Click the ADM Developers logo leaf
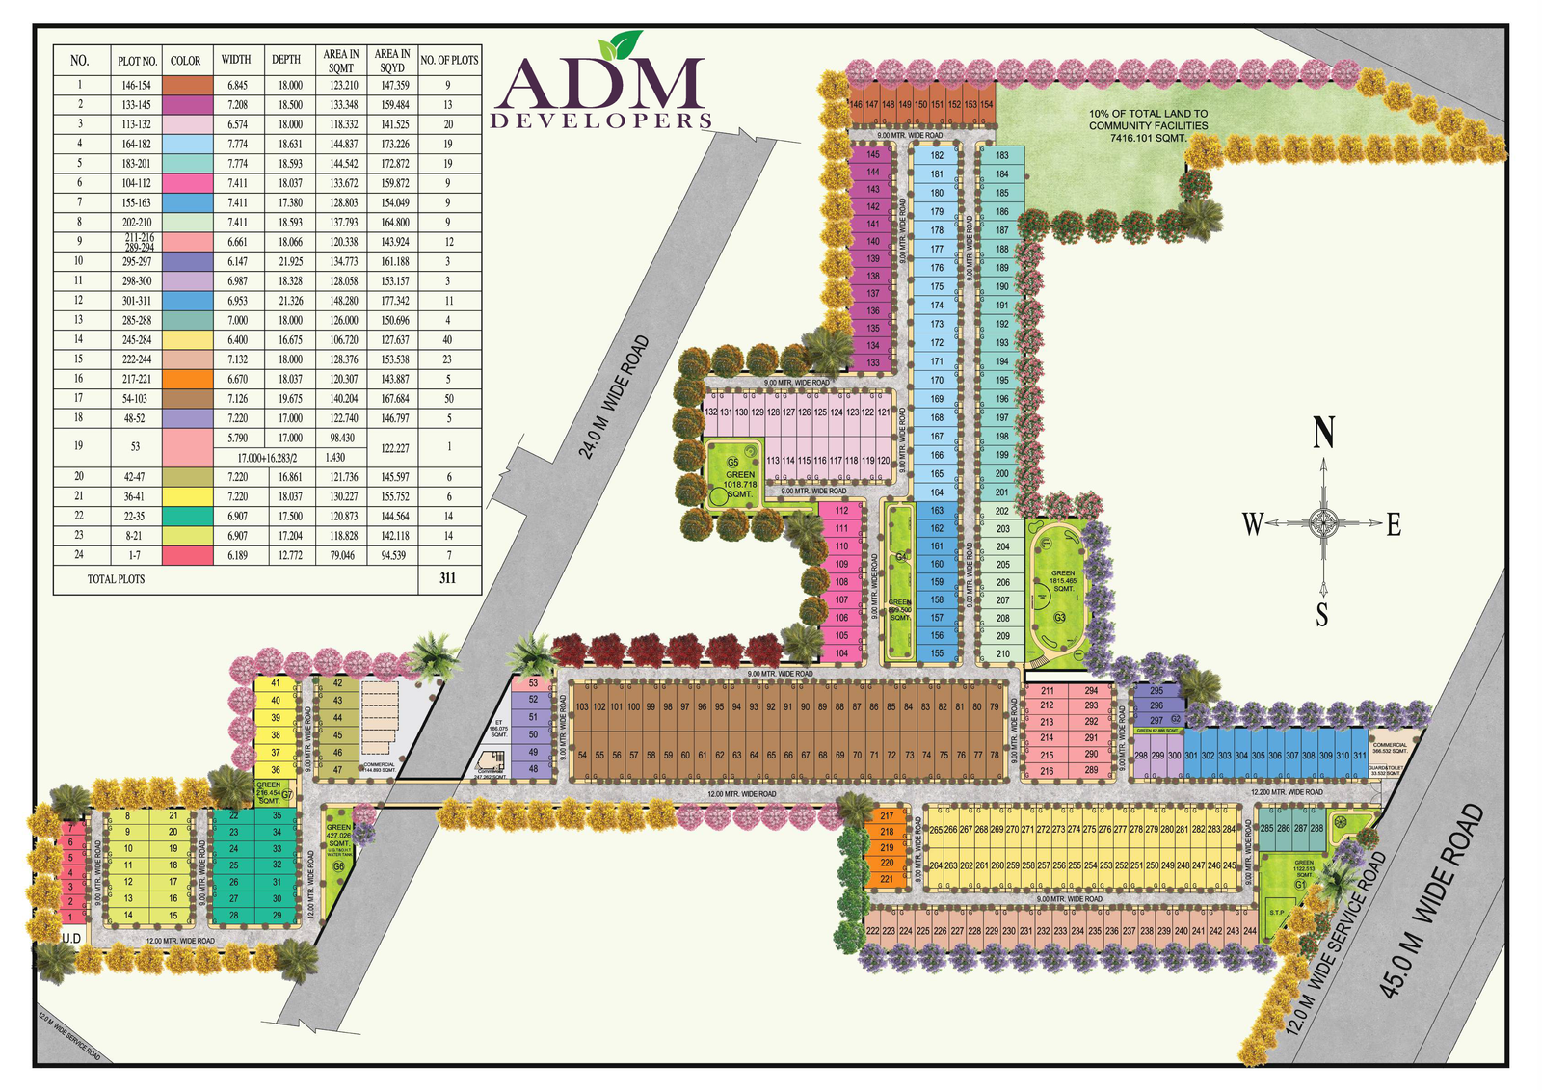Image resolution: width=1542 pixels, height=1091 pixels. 619,45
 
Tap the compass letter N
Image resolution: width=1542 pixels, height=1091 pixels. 1324,433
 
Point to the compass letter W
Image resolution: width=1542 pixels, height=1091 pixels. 1252,524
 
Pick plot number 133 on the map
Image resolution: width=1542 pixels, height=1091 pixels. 872,363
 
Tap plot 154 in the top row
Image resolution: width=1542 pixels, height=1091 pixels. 986,104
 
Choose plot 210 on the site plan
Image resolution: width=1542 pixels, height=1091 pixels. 1002,653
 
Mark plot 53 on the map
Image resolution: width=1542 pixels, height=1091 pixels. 533,683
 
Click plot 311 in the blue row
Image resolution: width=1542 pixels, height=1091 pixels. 1359,756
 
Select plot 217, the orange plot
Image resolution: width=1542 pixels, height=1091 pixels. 887,816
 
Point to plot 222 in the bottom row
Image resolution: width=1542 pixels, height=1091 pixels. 872,931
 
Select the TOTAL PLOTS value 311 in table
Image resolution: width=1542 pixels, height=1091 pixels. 447,578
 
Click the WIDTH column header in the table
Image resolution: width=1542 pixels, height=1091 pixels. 236,60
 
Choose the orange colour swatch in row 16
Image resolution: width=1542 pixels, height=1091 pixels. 187,379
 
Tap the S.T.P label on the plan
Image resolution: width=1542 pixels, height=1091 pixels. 1277,913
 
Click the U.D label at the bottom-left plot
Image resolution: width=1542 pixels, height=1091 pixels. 71,938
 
